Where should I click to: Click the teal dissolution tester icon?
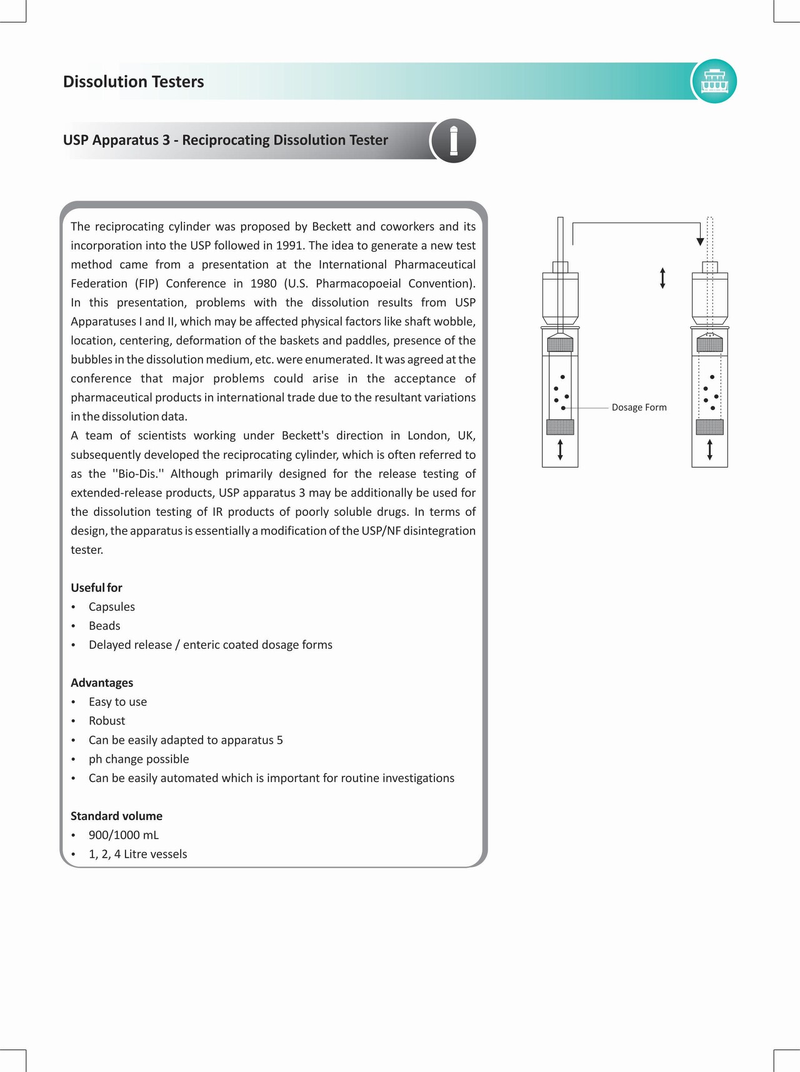click(x=714, y=81)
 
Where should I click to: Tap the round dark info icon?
click(x=454, y=141)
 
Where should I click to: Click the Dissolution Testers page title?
click(x=133, y=82)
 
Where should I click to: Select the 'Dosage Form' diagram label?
click(x=639, y=408)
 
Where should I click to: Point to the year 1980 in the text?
click(x=263, y=284)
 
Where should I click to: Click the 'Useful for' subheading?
click(x=96, y=588)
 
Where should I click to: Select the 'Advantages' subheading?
click(x=102, y=683)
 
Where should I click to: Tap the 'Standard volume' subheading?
click(x=116, y=816)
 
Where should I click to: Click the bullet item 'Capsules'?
click(x=112, y=607)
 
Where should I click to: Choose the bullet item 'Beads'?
click(x=104, y=626)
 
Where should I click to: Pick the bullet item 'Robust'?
click(x=107, y=721)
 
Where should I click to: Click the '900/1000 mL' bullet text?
click(x=124, y=835)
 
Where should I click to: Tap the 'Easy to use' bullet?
click(x=117, y=702)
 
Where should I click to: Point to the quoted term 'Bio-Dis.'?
click(x=137, y=474)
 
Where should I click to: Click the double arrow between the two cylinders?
click(x=662, y=278)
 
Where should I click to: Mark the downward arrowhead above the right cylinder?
click(x=700, y=241)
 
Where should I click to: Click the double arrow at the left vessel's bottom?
click(x=560, y=449)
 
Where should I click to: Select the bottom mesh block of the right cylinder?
click(x=709, y=428)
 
